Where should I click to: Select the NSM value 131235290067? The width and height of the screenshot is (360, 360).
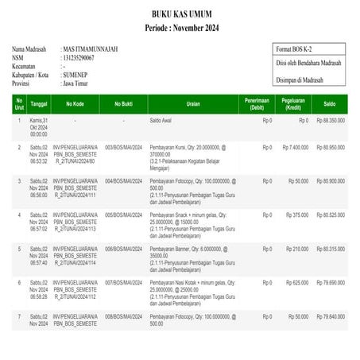click(x=78, y=58)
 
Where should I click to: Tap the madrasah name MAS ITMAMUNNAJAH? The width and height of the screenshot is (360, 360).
click(x=90, y=49)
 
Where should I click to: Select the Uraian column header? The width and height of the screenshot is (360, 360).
click(x=192, y=103)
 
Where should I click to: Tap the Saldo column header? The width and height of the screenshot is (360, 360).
click(x=329, y=103)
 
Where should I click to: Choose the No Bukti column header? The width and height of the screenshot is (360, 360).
click(x=123, y=103)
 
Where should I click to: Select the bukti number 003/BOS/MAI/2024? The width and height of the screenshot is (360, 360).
click(x=123, y=147)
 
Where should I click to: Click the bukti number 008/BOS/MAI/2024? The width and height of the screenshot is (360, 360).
click(x=123, y=315)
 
